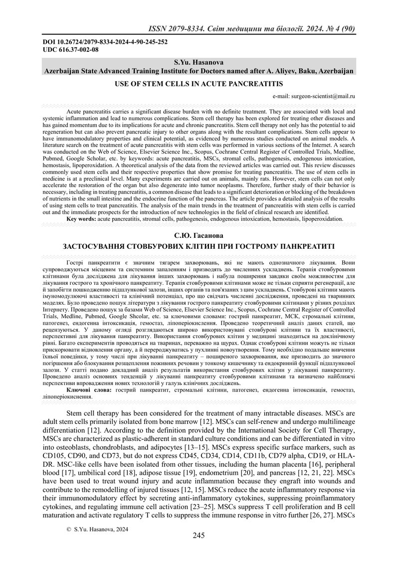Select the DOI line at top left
coord(105,42)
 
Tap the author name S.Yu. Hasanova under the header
coord(199,63)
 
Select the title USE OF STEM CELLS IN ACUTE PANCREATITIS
coord(199,83)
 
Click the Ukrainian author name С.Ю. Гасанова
coord(199,235)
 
